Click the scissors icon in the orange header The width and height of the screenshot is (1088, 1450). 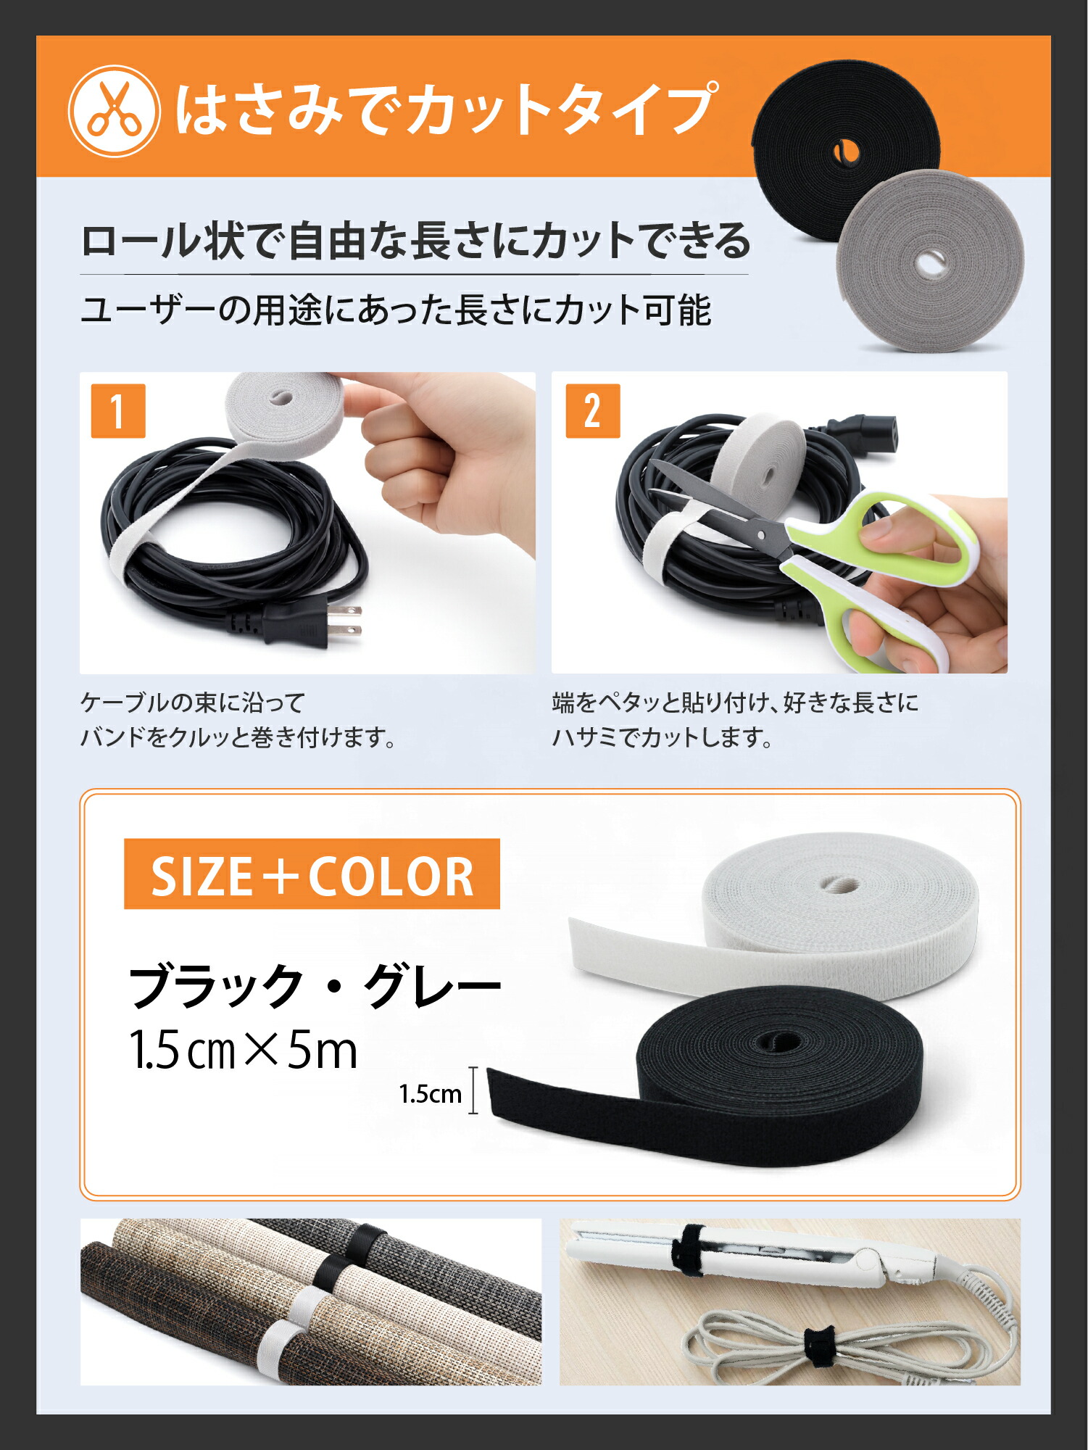point(114,111)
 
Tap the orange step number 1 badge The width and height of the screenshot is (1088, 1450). point(118,411)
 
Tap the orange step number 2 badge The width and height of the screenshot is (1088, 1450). point(592,411)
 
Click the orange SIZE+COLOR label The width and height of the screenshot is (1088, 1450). point(312,874)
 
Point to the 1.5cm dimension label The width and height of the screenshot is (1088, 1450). point(430,1094)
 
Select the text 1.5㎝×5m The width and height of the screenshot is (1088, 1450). point(244,1051)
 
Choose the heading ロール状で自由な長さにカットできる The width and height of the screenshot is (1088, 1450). point(415,241)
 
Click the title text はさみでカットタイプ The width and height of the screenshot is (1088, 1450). point(446,110)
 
